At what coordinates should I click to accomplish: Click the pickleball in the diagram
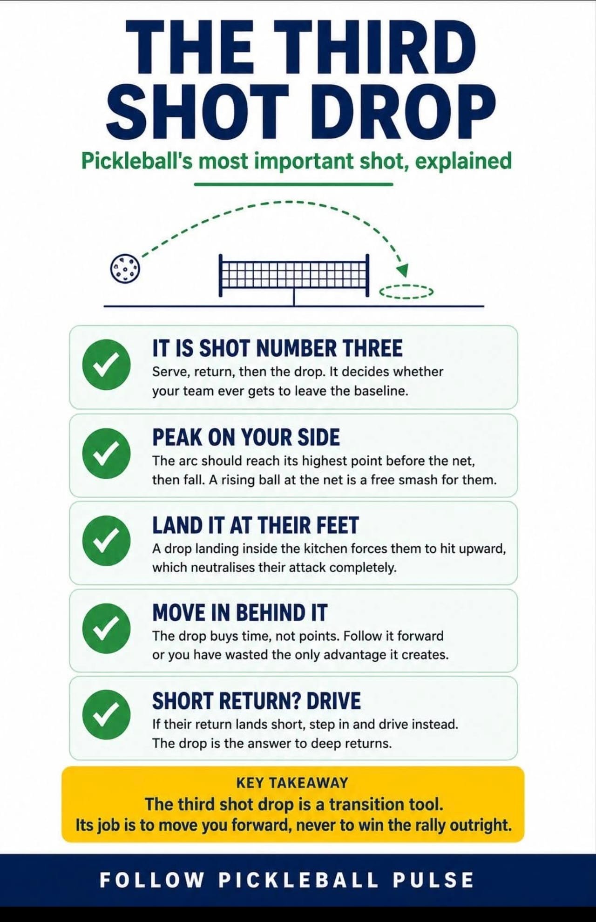[125, 268]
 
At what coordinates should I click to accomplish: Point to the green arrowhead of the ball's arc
[402, 270]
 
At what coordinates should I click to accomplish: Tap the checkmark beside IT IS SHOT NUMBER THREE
[106, 365]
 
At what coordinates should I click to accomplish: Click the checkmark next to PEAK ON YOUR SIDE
[106, 453]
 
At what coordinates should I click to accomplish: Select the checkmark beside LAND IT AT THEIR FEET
[106, 541]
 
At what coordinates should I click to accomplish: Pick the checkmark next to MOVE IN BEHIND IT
[106, 628]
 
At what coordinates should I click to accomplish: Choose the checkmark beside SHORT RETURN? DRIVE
[106, 715]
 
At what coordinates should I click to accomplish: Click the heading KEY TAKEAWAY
[292, 783]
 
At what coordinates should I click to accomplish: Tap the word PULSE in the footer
[433, 880]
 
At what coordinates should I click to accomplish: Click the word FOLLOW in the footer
[152, 880]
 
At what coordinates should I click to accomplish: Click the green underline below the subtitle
[294, 184]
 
